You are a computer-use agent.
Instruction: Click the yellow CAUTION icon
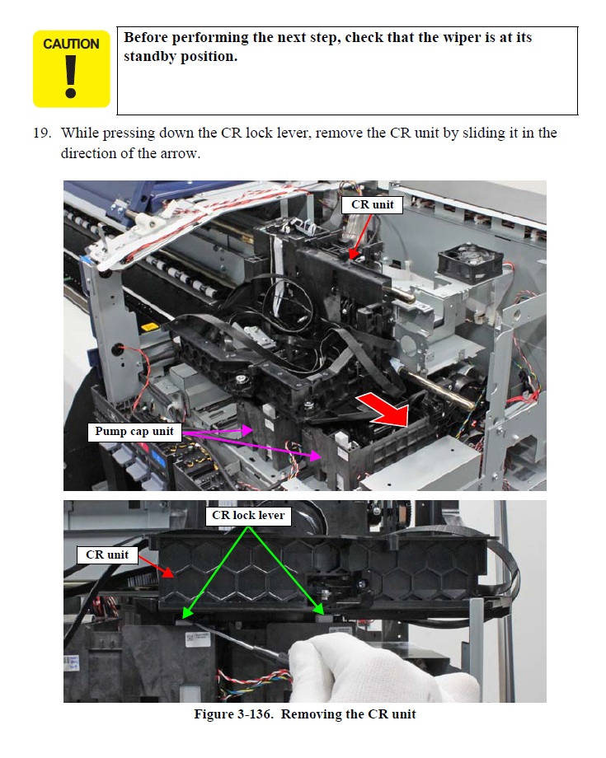(71, 69)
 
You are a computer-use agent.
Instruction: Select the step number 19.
(42, 133)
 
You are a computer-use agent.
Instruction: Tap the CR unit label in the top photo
(372, 204)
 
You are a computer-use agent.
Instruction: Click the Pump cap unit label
(134, 431)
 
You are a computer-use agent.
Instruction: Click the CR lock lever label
(248, 515)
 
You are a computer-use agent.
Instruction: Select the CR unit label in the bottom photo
(107, 554)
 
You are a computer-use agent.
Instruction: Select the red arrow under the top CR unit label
(355, 238)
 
